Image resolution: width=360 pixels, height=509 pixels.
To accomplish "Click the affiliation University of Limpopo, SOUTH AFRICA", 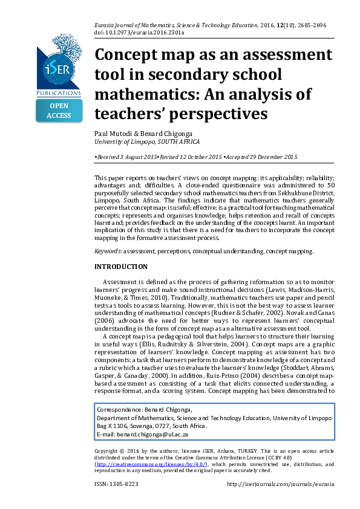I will pyautogui.click(x=147, y=141).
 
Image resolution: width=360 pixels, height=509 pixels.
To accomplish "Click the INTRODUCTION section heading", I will pyautogui.click(x=121, y=267).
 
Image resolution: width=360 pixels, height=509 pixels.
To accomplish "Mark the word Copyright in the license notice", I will pyautogui.click(x=107, y=451).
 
